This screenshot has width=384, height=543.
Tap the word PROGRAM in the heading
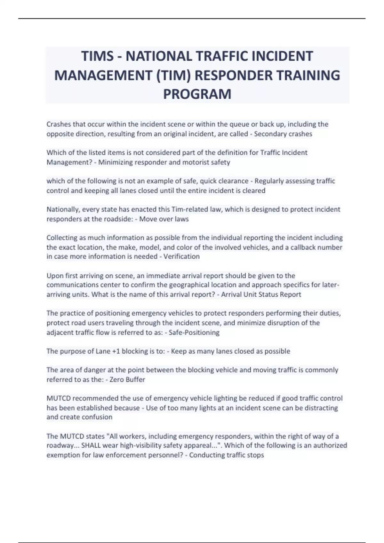[197, 94]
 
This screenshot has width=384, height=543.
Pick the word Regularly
[268, 181]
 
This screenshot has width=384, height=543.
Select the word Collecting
[62, 238]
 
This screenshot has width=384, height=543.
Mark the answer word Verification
[181, 256]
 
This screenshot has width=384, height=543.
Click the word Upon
[54, 276]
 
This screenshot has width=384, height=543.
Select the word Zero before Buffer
[117, 380]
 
